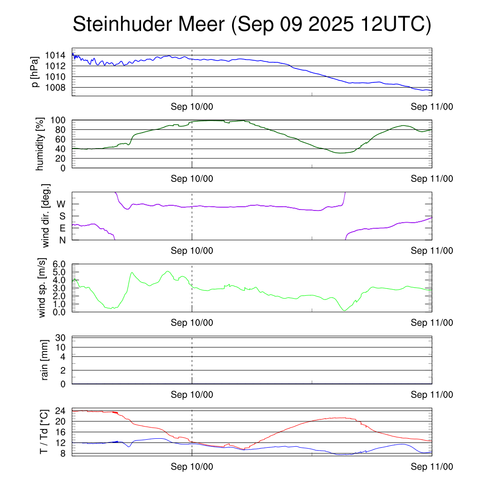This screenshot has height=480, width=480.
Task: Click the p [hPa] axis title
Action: [x=35, y=72]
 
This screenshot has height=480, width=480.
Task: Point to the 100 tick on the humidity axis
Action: [x=60, y=120]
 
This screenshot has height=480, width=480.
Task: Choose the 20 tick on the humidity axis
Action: [x=63, y=158]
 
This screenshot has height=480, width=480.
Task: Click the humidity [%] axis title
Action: [x=40, y=143]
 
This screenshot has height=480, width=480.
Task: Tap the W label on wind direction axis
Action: [x=61, y=204]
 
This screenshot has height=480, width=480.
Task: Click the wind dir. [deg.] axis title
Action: [x=45, y=216]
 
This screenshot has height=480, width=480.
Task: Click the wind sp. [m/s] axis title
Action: [x=43, y=288]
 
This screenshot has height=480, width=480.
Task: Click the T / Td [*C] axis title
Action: [x=44, y=432]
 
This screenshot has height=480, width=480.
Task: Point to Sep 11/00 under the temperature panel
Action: [x=432, y=467]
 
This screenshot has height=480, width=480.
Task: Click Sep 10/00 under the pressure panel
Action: [x=192, y=107]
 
